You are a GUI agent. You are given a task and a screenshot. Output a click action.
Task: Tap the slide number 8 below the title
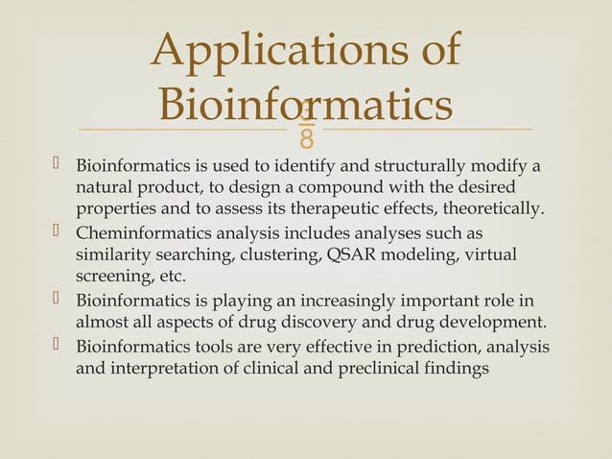pos(306,140)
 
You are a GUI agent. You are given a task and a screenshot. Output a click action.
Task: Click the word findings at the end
pos(458,367)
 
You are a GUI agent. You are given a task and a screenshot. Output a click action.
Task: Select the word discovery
pos(327,320)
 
